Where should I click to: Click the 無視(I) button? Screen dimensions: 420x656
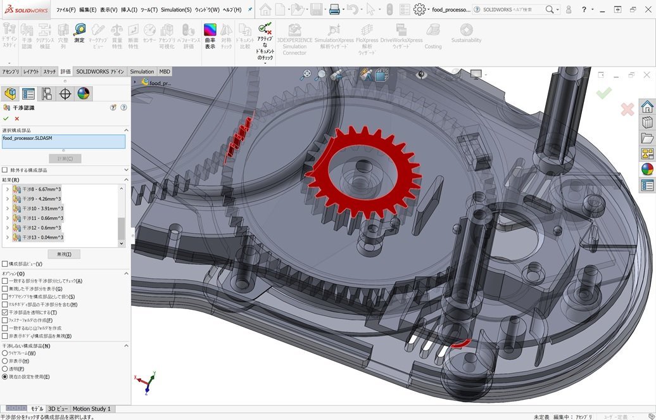64,254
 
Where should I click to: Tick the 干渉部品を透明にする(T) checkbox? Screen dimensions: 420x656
5,312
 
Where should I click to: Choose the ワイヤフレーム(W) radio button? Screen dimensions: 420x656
5,353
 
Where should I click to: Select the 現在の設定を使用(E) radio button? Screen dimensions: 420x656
5,376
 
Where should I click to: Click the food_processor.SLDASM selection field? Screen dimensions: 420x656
63,141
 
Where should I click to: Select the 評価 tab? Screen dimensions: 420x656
66,72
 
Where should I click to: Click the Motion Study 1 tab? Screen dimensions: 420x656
91,409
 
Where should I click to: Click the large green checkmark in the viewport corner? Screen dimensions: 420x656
603,93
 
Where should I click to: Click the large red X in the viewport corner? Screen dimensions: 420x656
627,110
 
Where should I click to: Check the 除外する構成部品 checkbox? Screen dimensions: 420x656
5,170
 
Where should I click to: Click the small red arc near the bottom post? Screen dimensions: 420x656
460,343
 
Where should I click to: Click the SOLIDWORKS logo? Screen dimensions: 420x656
25,10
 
